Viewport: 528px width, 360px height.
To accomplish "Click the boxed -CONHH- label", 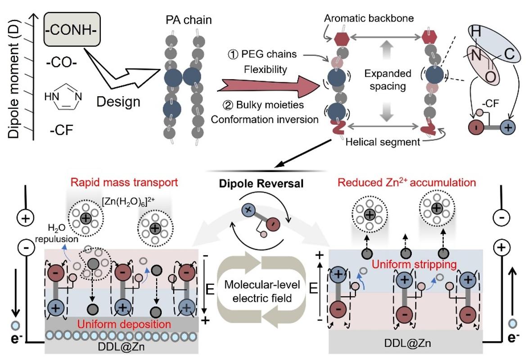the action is click(x=72, y=30).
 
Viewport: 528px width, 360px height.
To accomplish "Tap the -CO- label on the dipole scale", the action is click(x=62, y=62).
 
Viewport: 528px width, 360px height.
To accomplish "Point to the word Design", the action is click(x=118, y=101).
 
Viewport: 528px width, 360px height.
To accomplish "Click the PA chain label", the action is click(x=189, y=20).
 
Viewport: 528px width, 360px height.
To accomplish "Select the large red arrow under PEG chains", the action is click(x=269, y=86).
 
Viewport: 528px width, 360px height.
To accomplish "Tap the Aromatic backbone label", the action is click(x=369, y=18).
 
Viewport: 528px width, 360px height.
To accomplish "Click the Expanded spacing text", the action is click(x=388, y=80).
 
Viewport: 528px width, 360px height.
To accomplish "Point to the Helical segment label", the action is click(x=383, y=142).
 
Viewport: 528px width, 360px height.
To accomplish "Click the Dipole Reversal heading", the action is click(x=262, y=184).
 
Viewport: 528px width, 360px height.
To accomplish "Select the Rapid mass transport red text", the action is click(x=124, y=182).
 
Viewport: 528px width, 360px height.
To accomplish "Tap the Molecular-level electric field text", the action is click(x=262, y=291).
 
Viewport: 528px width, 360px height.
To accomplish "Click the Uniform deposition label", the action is click(x=124, y=324).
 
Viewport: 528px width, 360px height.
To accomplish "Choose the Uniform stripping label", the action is click(x=414, y=264).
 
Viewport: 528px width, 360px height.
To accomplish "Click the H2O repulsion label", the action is click(x=57, y=234).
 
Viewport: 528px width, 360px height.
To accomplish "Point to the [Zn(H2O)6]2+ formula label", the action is click(x=128, y=202).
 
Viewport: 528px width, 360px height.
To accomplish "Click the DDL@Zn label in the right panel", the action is click(x=407, y=343).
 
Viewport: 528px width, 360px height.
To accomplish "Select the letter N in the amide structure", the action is click(x=477, y=55).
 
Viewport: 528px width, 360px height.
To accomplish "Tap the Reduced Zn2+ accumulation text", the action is click(x=407, y=182).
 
